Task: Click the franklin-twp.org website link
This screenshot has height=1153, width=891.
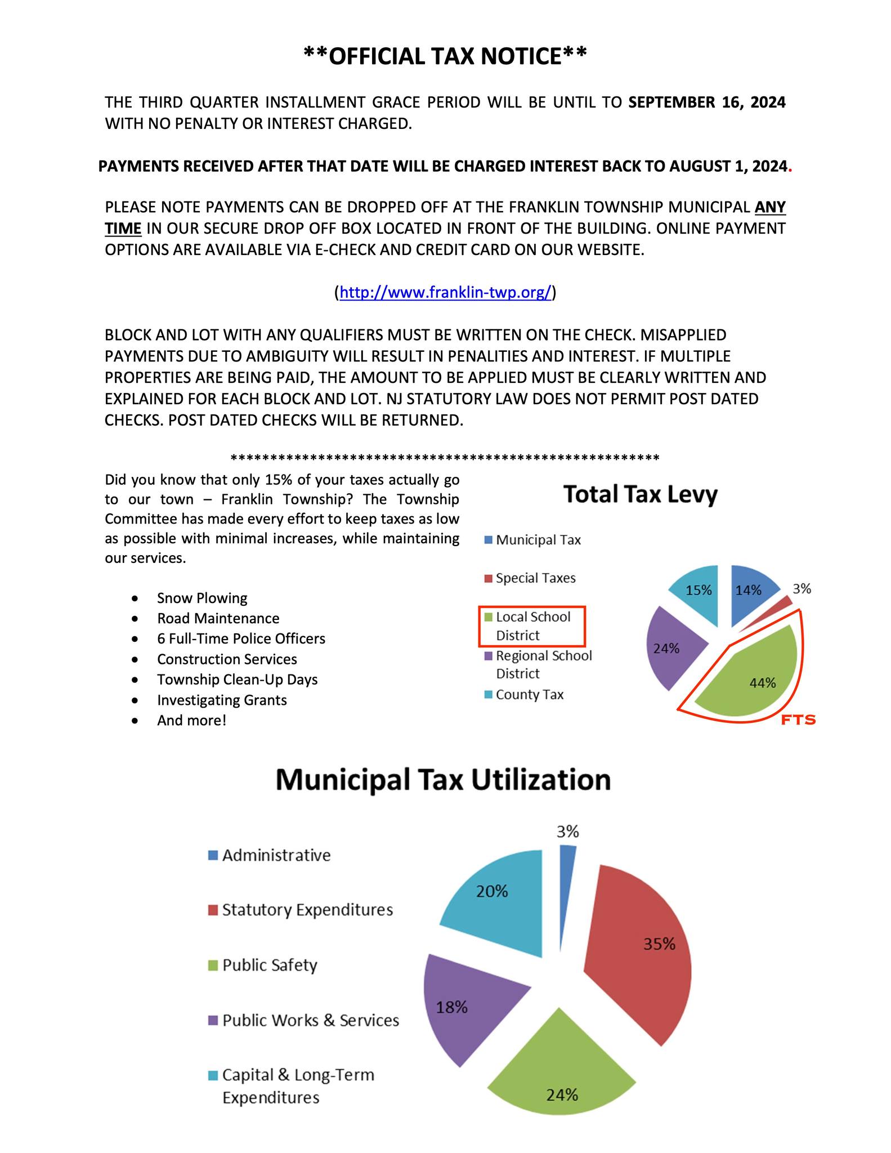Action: click(x=445, y=293)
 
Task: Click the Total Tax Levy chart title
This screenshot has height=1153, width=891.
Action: click(x=641, y=494)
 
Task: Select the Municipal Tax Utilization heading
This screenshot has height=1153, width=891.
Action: click(x=443, y=780)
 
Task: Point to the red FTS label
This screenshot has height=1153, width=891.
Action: click(x=798, y=719)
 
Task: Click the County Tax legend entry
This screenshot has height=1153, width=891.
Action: click(x=529, y=695)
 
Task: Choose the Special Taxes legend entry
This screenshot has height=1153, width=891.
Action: click(x=535, y=578)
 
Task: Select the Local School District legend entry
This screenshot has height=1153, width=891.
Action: click(x=532, y=626)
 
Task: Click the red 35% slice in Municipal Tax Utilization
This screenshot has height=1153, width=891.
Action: click(x=642, y=951)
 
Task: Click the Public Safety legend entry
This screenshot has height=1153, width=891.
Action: click(x=270, y=965)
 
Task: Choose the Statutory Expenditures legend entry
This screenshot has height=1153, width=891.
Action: click(x=307, y=910)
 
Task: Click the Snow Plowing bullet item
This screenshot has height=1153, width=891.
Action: click(x=202, y=598)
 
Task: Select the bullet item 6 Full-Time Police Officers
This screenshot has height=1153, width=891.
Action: click(x=241, y=638)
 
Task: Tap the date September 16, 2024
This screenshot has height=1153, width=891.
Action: click(x=707, y=102)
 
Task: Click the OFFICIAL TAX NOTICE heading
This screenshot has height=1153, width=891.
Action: click(x=445, y=56)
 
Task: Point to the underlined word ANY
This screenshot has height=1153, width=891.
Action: click(x=770, y=207)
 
